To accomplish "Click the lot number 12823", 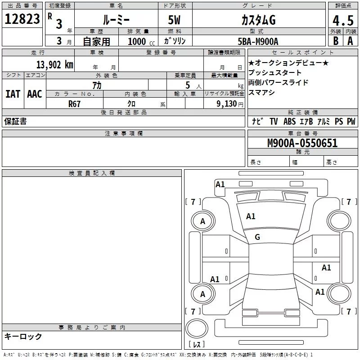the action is coord(22,19).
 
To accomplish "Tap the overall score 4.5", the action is coord(343,20).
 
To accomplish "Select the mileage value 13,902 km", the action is coord(54,65).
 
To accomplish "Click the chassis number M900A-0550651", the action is coord(302,143).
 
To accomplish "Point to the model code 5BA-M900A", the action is coord(258,41).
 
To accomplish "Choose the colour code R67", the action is coord(74,104).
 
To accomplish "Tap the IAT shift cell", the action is coord(13,94).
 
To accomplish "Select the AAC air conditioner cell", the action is coord(35,94).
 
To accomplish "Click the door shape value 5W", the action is coord(174,20).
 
